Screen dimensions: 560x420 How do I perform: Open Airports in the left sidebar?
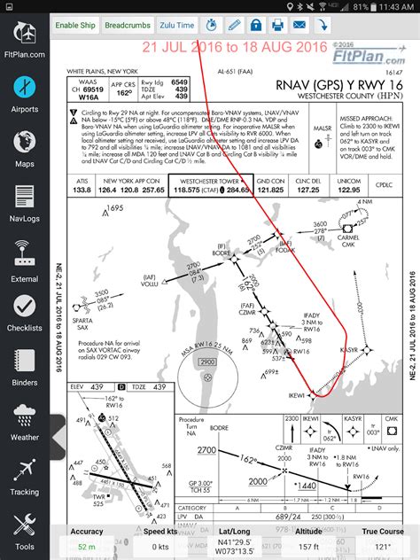pos(24,95)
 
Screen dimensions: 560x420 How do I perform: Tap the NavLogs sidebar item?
pos(24,203)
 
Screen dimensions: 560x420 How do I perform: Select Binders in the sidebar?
pos(24,368)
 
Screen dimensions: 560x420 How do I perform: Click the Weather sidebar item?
pos(24,423)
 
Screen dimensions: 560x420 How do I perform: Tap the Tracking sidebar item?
pos(24,478)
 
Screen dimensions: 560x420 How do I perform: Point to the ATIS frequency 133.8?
pos(82,189)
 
